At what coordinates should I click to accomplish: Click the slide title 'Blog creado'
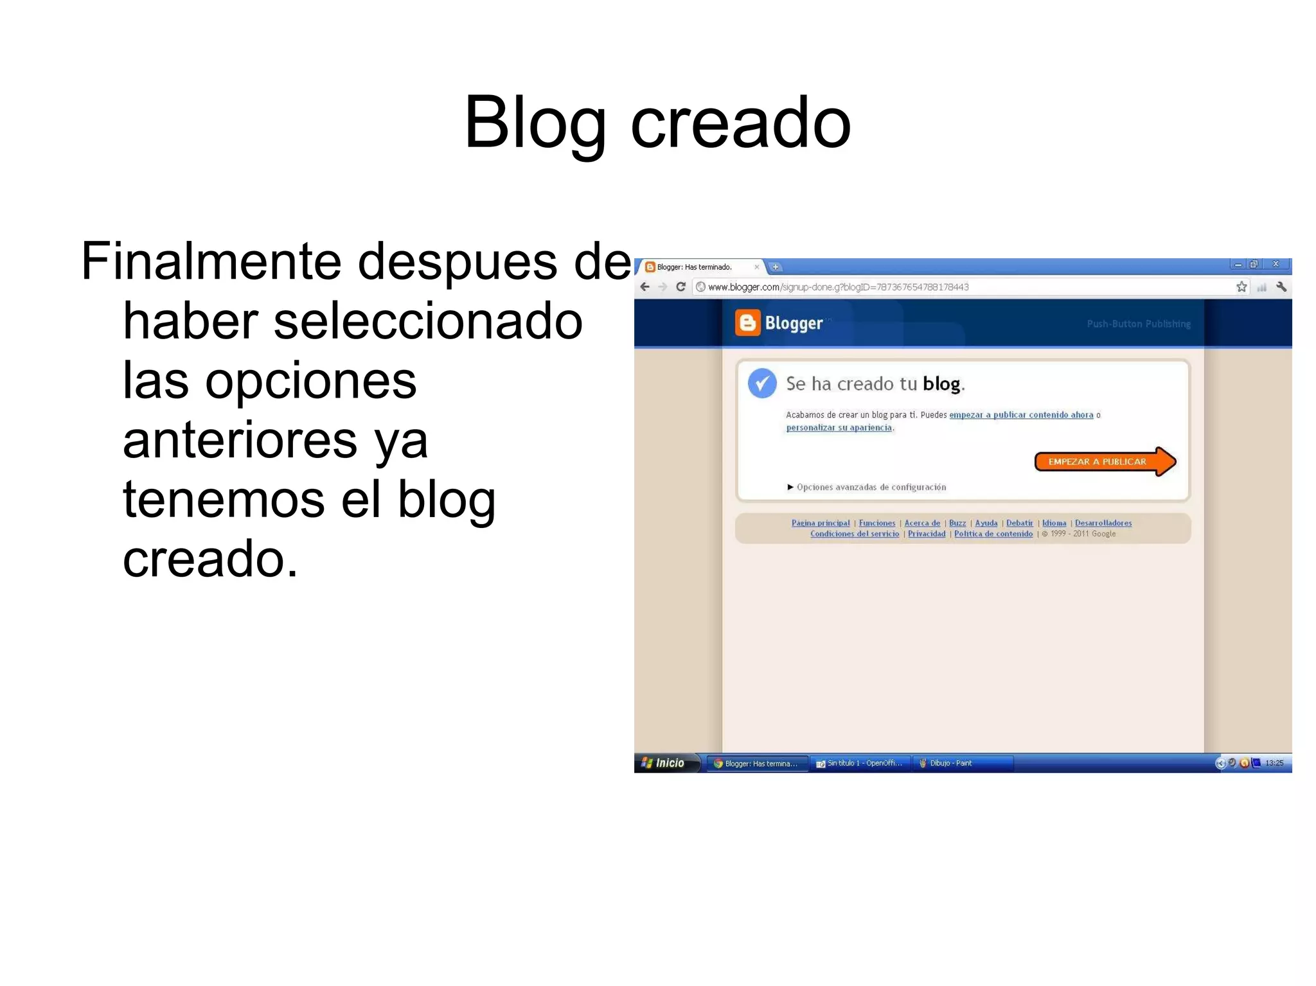coord(657,122)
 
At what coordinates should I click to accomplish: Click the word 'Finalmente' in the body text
coord(211,261)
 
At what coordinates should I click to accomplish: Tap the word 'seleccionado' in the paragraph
coord(428,321)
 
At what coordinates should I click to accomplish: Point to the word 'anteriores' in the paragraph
coord(240,441)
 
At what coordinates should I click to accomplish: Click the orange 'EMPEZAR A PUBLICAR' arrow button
coord(1103,462)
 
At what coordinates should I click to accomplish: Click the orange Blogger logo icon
coord(747,323)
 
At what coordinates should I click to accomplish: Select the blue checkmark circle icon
coord(762,383)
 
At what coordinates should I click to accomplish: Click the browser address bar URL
coord(838,287)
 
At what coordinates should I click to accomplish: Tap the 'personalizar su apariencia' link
coord(839,428)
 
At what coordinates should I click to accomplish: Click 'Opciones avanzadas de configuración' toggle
coord(870,488)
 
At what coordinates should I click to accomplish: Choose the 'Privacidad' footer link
coord(926,534)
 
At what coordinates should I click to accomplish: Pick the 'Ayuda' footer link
coord(986,523)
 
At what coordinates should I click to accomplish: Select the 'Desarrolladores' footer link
coord(1103,523)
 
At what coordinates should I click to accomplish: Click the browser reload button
coord(680,287)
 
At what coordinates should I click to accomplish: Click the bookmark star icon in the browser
coord(1241,287)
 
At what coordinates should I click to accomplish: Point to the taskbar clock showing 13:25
coord(1274,763)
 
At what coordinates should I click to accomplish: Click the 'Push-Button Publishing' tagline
coord(1138,324)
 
